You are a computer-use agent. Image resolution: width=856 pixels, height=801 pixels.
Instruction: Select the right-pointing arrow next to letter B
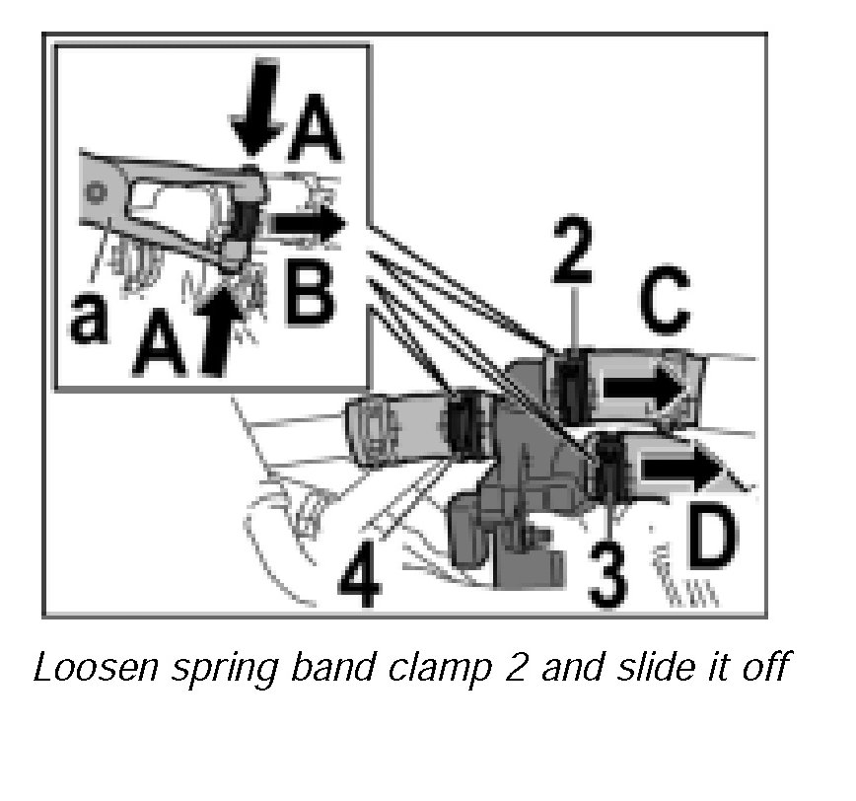click(309, 225)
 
